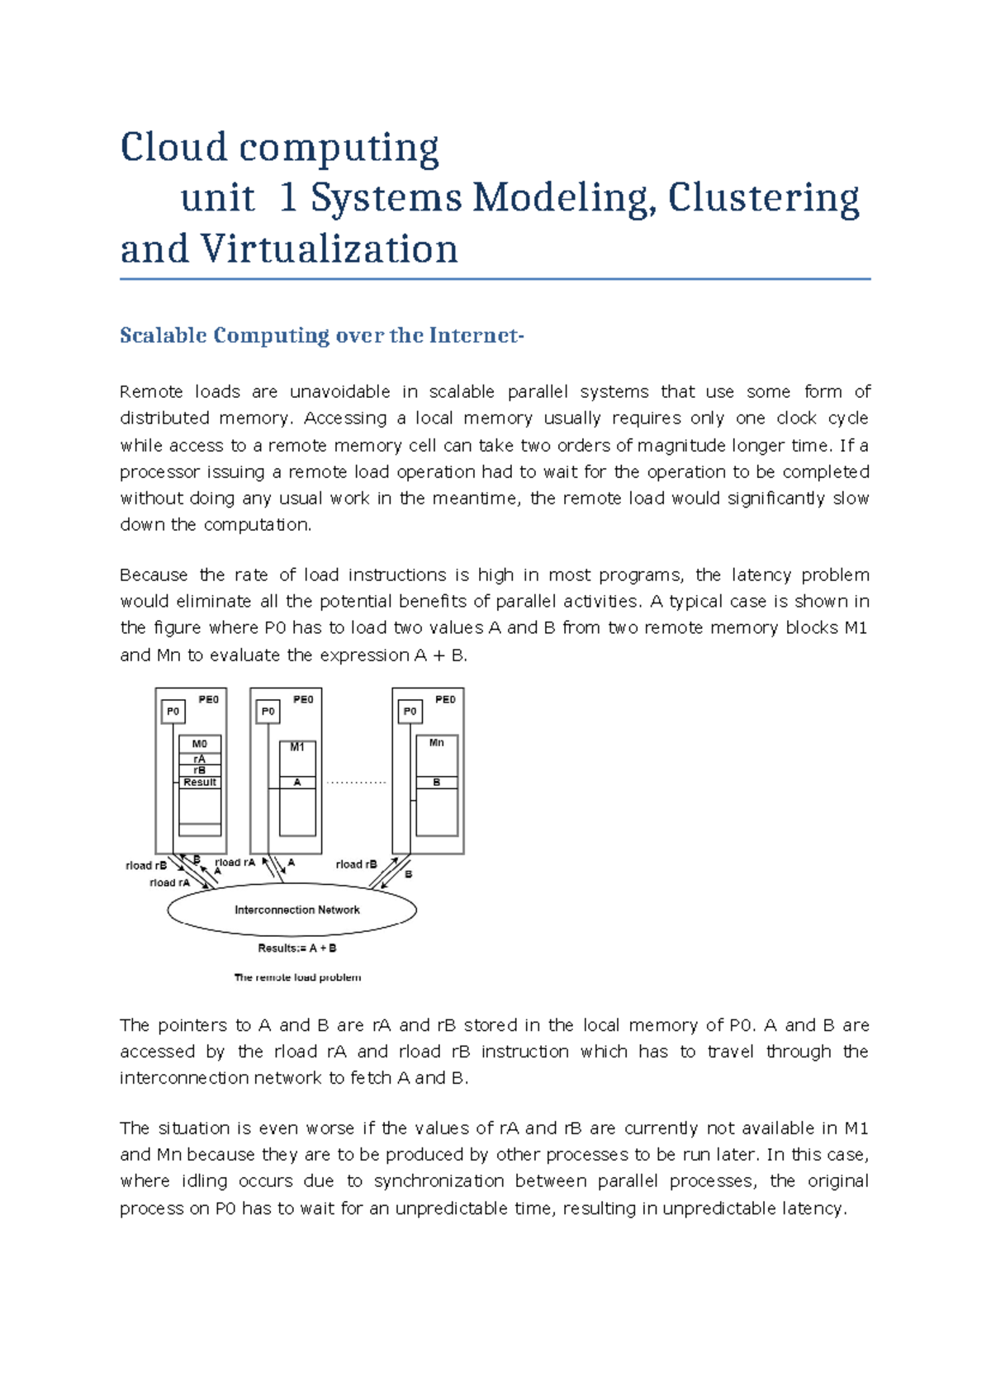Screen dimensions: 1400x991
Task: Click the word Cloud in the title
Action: tap(173, 149)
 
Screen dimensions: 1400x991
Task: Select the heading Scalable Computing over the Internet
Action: tap(321, 336)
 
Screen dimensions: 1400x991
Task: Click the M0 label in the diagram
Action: tap(200, 744)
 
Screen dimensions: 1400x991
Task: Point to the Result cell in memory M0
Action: tap(200, 782)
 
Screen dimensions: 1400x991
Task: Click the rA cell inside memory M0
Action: tap(200, 759)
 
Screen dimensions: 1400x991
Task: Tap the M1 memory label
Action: tap(297, 747)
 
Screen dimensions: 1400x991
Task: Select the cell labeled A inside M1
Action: tap(297, 782)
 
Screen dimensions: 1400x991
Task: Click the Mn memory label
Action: tap(436, 743)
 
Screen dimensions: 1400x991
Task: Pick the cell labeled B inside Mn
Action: tap(436, 782)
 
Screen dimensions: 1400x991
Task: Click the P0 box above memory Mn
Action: tap(410, 711)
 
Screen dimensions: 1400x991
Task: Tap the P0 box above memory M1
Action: tap(268, 711)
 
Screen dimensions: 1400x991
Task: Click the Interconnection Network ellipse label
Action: tap(296, 910)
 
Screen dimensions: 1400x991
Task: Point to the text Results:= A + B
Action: tap(296, 948)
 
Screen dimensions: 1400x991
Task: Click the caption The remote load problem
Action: tap(297, 977)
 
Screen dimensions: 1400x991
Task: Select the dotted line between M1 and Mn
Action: tap(356, 782)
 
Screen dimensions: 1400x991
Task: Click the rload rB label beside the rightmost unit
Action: tap(356, 864)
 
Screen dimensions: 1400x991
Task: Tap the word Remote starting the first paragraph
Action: tap(150, 392)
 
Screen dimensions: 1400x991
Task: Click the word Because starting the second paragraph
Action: tap(154, 575)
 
